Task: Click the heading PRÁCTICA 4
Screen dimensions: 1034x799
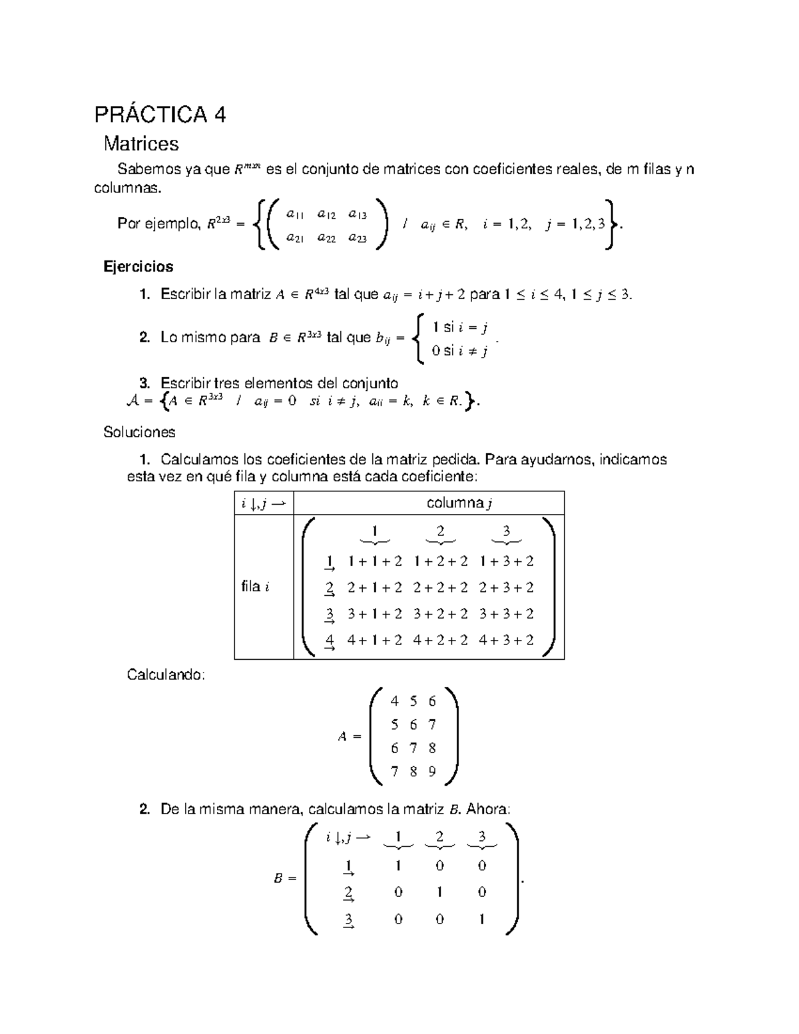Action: (x=160, y=115)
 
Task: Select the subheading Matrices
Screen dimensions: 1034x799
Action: (x=140, y=143)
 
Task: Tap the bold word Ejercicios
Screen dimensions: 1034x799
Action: (x=138, y=266)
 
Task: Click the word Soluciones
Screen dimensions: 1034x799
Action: (x=139, y=432)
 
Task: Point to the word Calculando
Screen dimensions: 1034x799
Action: (x=166, y=674)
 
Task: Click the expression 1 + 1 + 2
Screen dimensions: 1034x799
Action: (x=375, y=561)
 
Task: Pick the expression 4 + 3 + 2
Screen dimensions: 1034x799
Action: (x=506, y=640)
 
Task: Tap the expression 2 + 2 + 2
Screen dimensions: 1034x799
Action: (x=440, y=587)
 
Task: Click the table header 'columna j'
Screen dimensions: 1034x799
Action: (x=459, y=503)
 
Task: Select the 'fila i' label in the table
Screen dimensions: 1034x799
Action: (x=256, y=587)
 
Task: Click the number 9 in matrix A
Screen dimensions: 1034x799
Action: (x=432, y=772)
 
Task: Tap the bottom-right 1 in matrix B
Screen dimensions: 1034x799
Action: (x=481, y=919)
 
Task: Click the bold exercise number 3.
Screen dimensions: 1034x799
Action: (x=144, y=383)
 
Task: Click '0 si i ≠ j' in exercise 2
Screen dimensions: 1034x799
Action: (x=459, y=351)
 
